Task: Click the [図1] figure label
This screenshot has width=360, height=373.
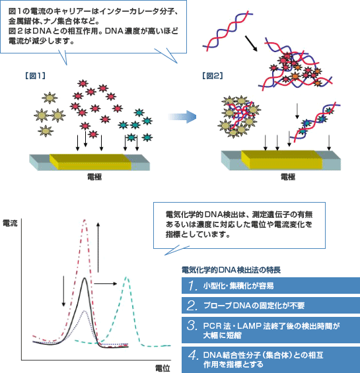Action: coord(35,76)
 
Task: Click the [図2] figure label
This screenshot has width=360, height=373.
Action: coord(213,76)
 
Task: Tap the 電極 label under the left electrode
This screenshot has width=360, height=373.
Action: coord(94,177)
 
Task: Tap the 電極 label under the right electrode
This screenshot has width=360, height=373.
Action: coord(288,177)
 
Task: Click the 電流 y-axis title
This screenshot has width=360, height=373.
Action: coord(10,223)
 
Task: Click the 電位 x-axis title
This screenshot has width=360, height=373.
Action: coord(163,368)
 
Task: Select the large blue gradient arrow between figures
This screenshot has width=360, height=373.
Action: coord(182,117)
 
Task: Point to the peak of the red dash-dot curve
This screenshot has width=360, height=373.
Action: coord(85,220)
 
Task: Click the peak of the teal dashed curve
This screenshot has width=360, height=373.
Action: coord(127,277)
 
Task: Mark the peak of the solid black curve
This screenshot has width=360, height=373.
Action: coord(85,278)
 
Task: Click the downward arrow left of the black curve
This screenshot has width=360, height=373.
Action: coord(63,291)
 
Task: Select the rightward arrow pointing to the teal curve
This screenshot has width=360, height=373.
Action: coord(106,284)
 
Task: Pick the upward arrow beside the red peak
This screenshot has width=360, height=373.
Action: coord(98,248)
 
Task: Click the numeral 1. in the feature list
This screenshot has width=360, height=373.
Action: coord(193,285)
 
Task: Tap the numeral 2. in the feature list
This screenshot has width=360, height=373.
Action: coord(192,306)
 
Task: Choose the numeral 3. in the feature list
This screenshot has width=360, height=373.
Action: coord(192,325)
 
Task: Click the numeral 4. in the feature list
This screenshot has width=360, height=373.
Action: coord(193,355)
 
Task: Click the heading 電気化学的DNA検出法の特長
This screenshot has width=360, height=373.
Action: coord(231,270)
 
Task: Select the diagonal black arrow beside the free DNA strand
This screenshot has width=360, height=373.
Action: coord(251,44)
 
